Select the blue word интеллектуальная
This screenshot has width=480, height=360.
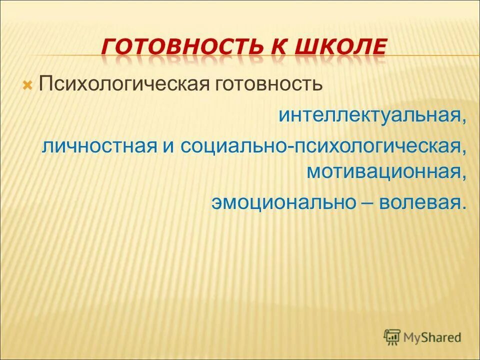click(x=369, y=115)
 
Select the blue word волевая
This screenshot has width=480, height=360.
click(x=418, y=202)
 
